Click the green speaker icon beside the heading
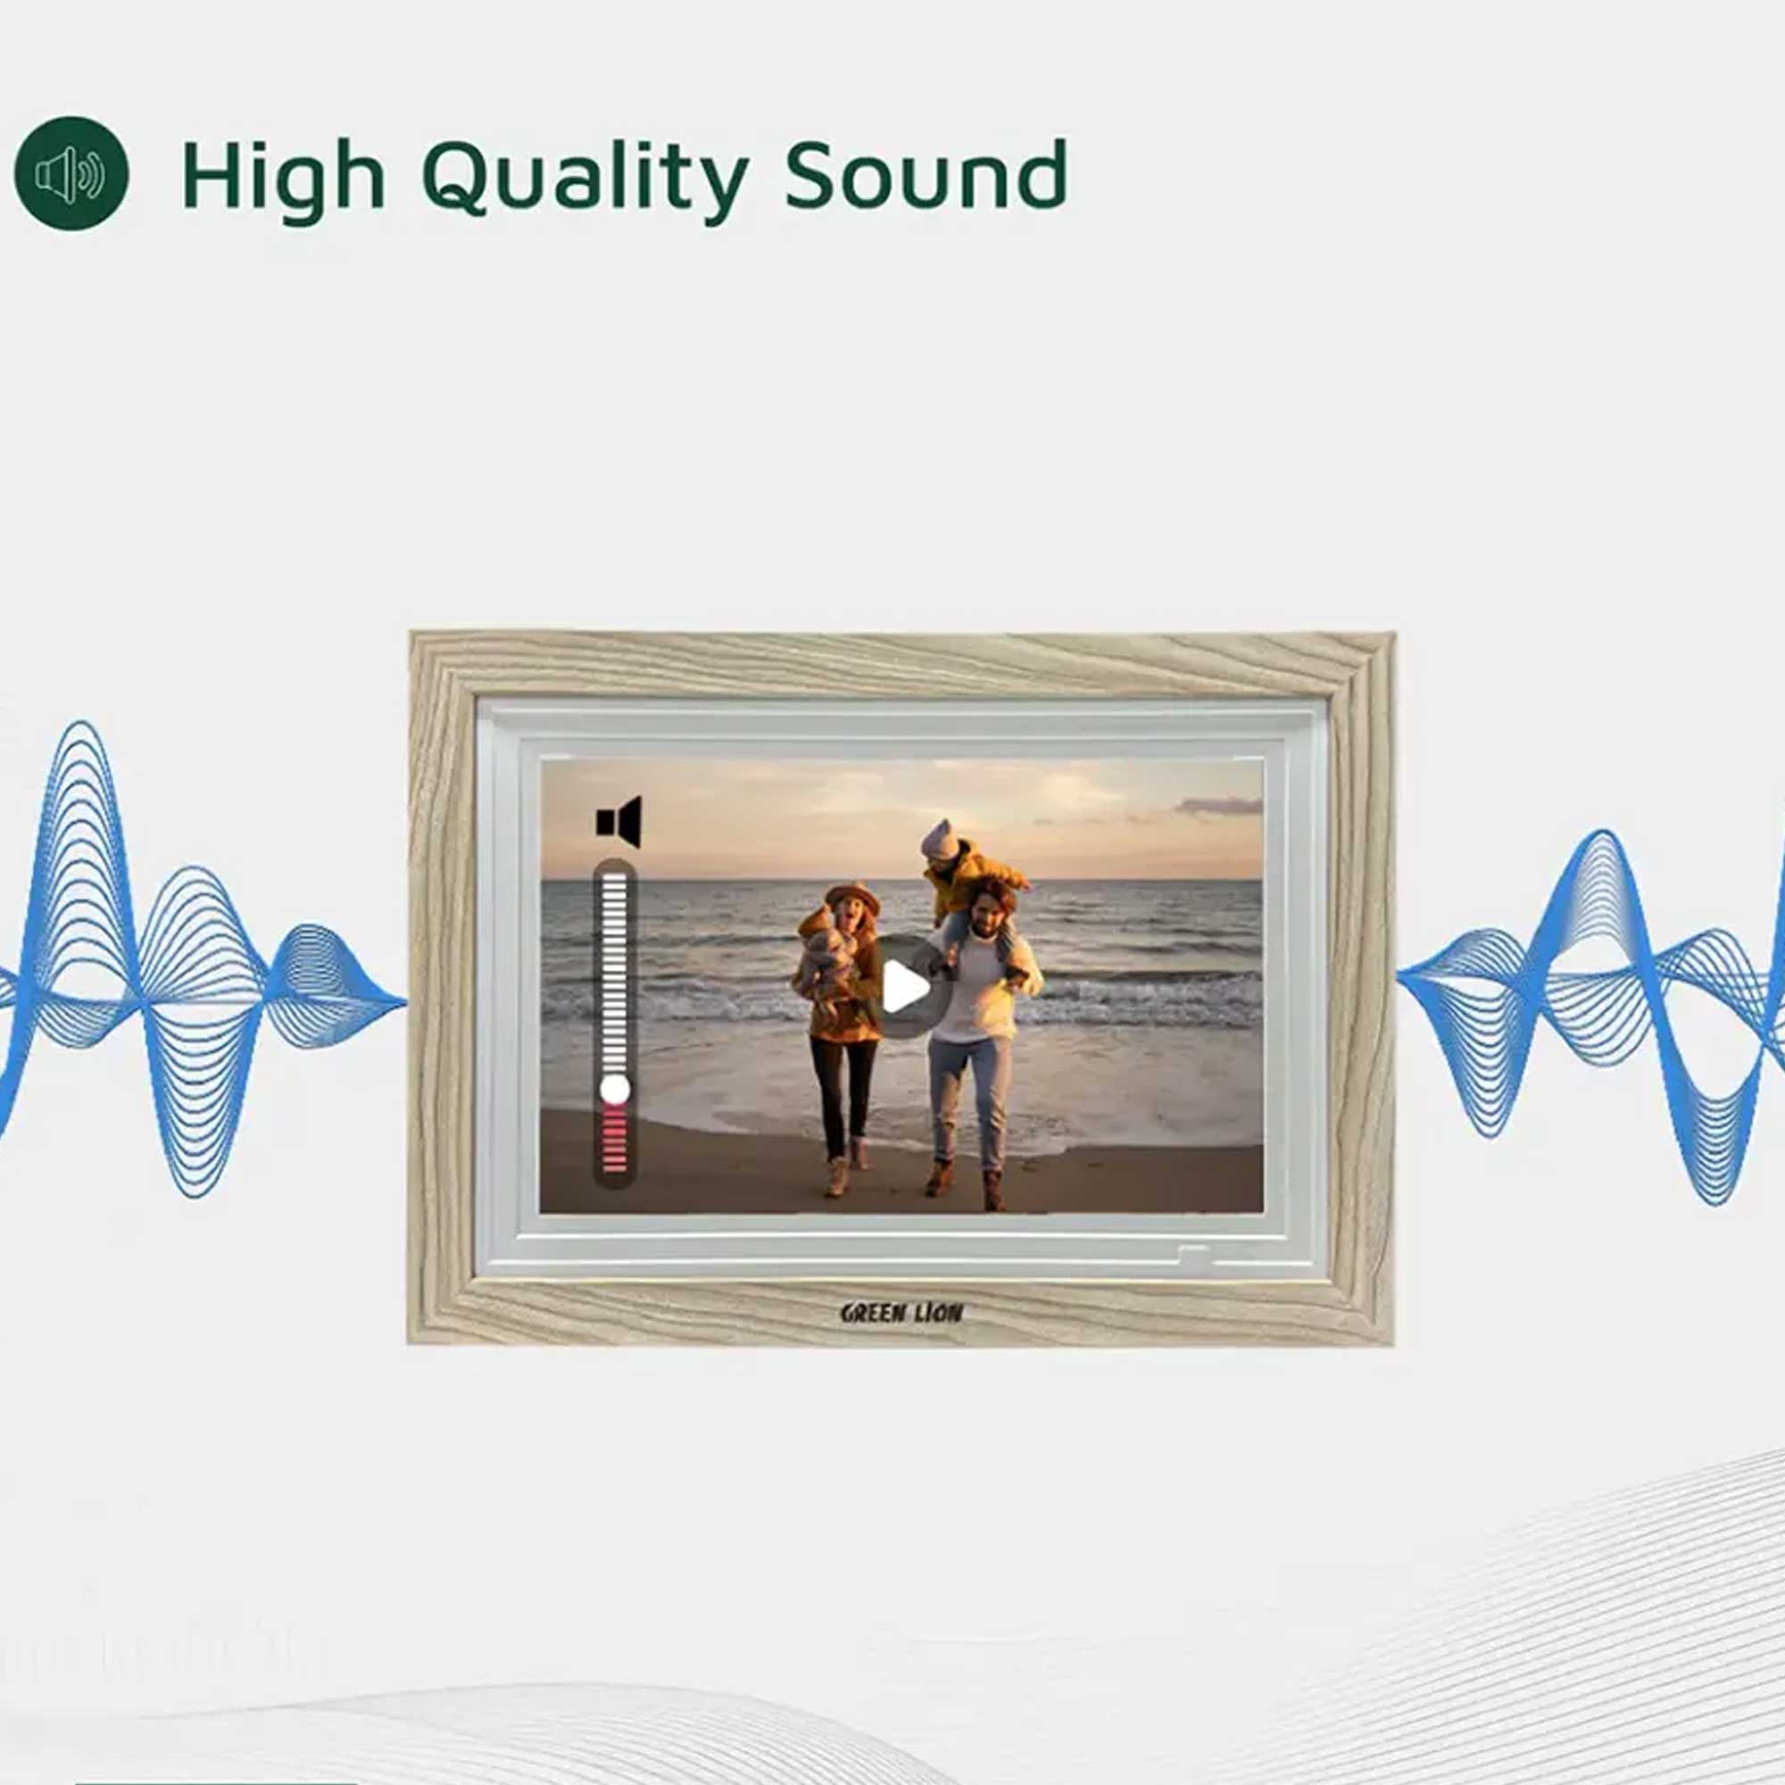click(x=71, y=173)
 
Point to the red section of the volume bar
click(x=614, y=1140)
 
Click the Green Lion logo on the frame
click(x=901, y=1313)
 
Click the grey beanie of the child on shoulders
click(x=940, y=839)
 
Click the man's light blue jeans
click(x=970, y=1100)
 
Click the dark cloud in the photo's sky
click(x=1217, y=807)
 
